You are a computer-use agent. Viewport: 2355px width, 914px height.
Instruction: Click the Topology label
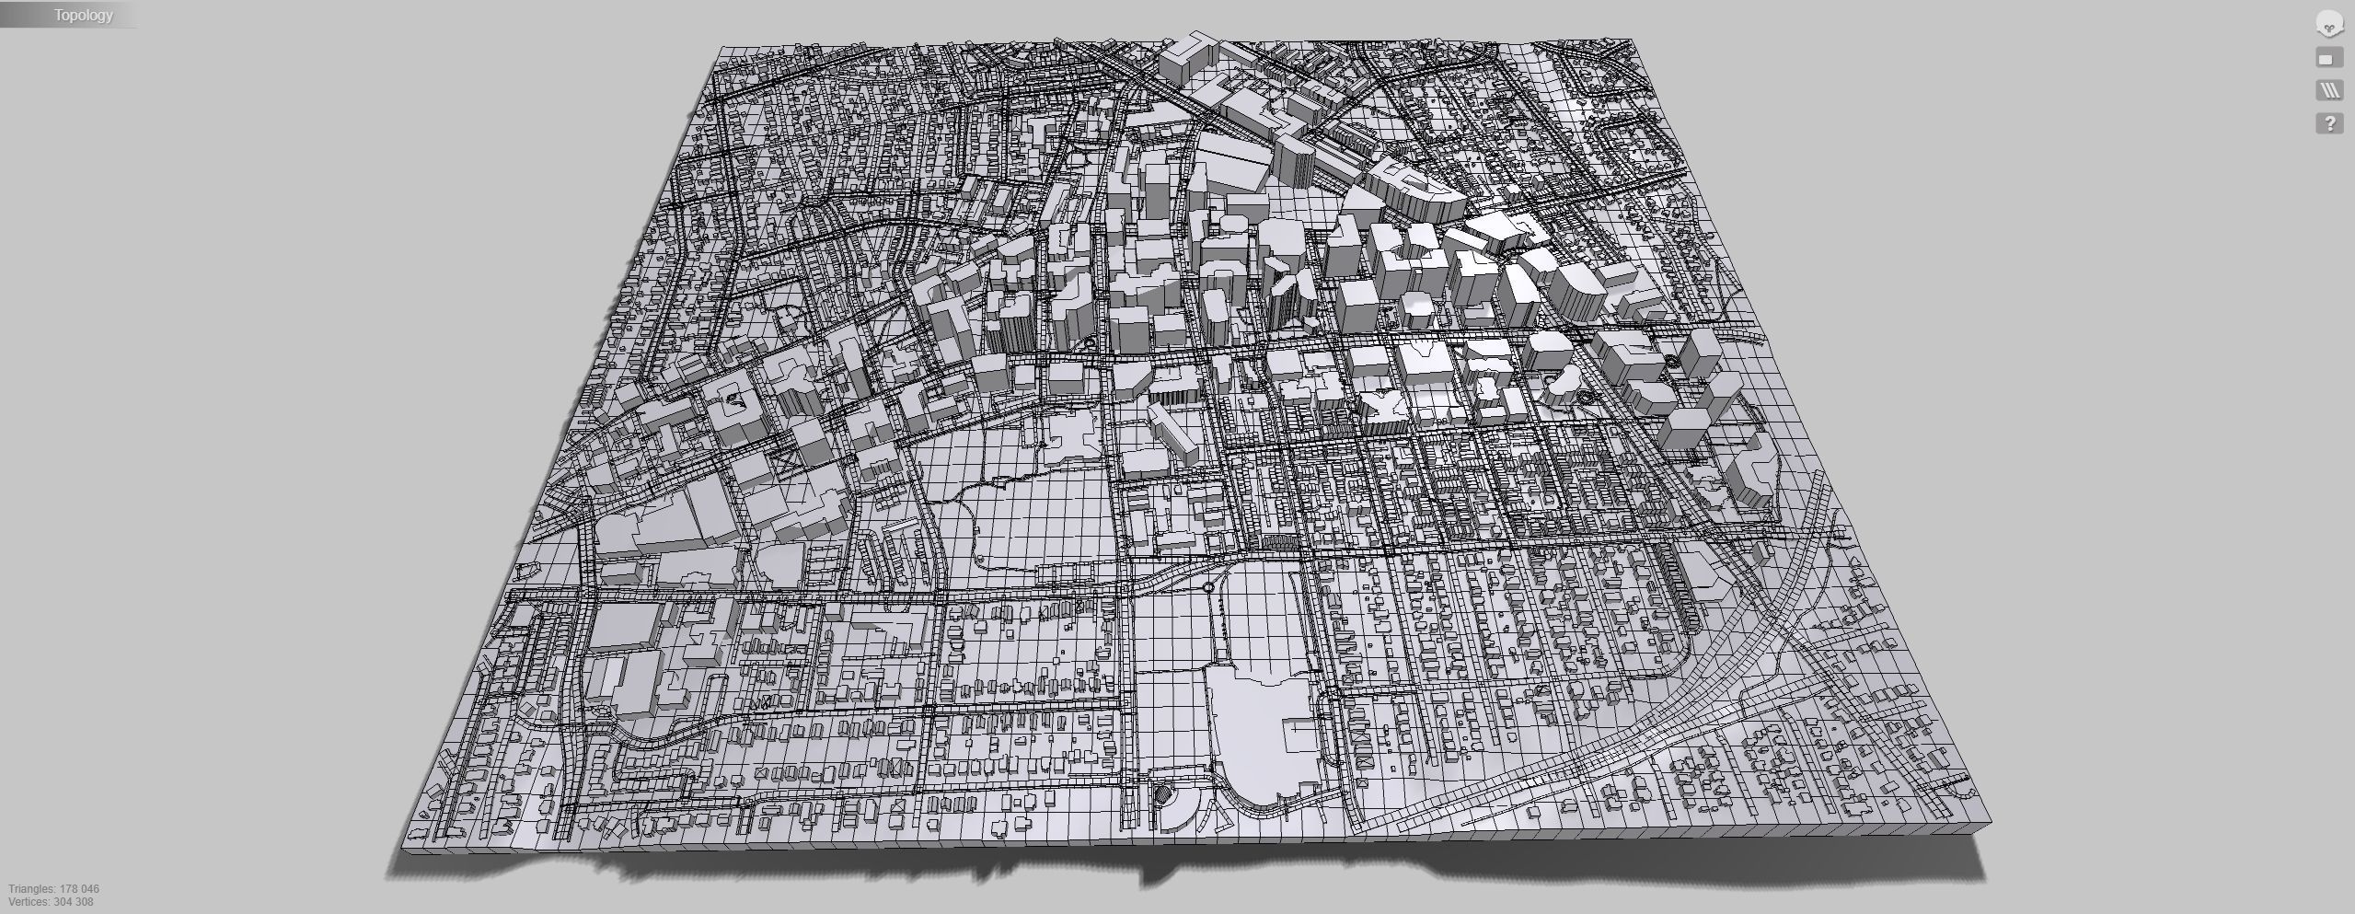click(x=83, y=15)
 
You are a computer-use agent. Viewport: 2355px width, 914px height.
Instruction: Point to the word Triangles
click(x=30, y=889)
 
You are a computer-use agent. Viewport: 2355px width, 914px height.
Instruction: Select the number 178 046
click(x=79, y=889)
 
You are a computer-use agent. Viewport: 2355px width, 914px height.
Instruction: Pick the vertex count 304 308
click(x=74, y=902)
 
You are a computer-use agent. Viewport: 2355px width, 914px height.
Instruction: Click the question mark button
click(x=2329, y=123)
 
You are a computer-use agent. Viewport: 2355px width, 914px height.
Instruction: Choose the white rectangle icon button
click(x=2329, y=59)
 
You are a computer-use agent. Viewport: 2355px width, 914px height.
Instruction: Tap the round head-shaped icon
click(x=2329, y=25)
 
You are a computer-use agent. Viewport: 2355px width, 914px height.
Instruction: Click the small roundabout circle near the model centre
click(x=1207, y=586)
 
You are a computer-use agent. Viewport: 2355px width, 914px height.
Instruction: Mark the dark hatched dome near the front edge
click(x=1163, y=795)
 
